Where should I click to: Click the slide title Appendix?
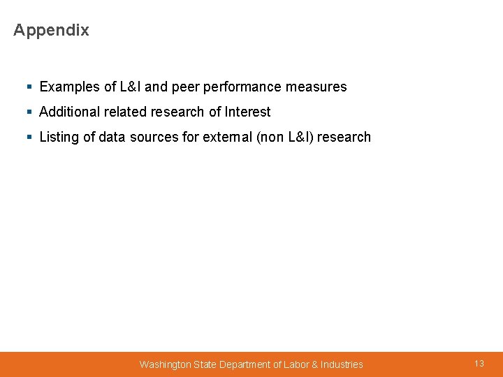[x=51, y=30]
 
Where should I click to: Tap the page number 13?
[x=479, y=364]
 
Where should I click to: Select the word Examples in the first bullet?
[x=70, y=87]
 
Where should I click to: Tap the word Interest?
[x=247, y=112]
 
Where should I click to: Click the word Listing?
[x=59, y=137]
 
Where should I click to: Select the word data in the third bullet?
[x=112, y=137]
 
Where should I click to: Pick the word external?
[x=228, y=137]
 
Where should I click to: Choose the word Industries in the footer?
[x=342, y=364]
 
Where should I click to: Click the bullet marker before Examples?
[x=29, y=87]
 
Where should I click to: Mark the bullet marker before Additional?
[x=29, y=112]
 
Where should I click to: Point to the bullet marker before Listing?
[x=29, y=138]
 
